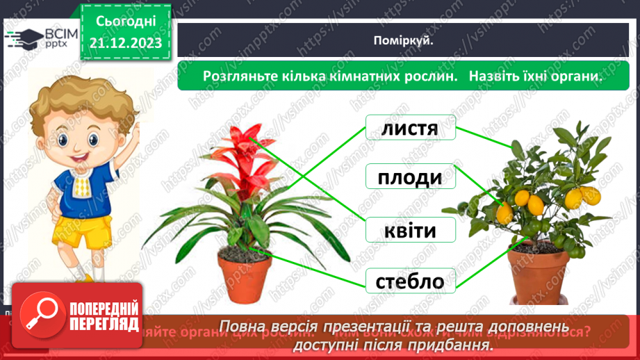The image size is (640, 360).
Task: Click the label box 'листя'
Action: point(410,129)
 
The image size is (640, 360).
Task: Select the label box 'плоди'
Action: point(410,179)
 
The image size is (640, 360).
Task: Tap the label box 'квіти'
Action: point(410,230)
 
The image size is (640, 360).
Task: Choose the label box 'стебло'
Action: point(410,281)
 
